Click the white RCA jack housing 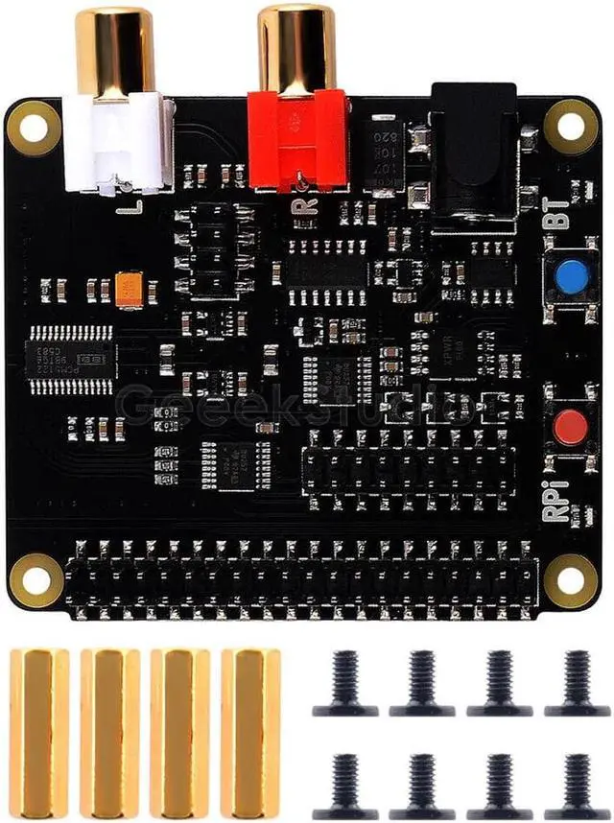pyautogui.click(x=115, y=144)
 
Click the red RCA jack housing pyautogui.click(x=296, y=139)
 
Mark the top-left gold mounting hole pyautogui.click(x=32, y=127)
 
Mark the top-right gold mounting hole pyautogui.click(x=571, y=128)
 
